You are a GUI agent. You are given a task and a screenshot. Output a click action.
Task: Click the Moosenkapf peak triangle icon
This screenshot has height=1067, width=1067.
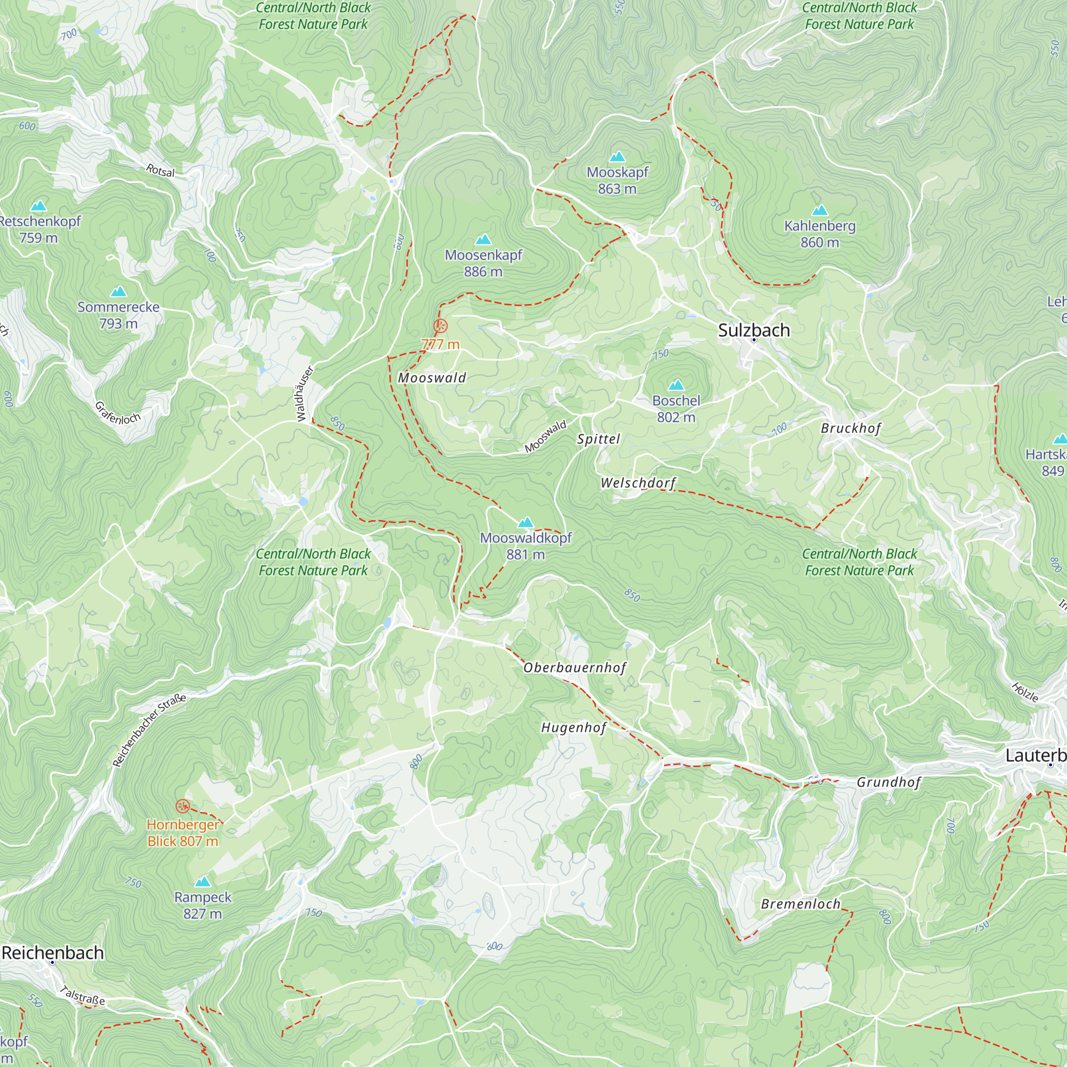[x=483, y=240]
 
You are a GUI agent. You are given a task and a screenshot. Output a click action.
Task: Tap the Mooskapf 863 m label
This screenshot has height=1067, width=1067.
[x=617, y=180]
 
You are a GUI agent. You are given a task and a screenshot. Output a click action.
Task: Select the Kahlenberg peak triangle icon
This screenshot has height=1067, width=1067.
[x=820, y=210]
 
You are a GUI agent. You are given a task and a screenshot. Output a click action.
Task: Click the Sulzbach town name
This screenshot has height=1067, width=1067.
[x=753, y=330]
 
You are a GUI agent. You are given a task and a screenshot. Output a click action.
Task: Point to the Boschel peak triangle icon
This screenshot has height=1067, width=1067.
[x=676, y=385]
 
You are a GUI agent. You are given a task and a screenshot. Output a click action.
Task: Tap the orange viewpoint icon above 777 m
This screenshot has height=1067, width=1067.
[x=440, y=325]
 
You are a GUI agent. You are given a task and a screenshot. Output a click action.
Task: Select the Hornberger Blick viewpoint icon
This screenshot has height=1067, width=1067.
[x=183, y=806]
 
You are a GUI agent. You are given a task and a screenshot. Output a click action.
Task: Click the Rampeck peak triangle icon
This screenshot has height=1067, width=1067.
[x=203, y=881]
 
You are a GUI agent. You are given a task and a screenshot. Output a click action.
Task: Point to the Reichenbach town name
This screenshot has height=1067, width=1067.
[x=53, y=953]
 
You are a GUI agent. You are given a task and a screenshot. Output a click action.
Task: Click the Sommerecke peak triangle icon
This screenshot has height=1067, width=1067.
[x=118, y=292]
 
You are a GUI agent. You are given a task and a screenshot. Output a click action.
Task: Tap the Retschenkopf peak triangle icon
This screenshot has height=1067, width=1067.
[x=38, y=206]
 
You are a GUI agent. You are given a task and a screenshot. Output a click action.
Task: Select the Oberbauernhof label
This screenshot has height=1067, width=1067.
[x=575, y=668]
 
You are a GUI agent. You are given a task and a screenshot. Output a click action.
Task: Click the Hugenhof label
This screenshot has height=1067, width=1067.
[x=574, y=728]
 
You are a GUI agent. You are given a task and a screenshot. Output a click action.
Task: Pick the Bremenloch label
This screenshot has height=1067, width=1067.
[x=800, y=904]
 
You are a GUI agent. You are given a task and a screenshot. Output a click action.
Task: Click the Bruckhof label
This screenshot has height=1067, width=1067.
[x=850, y=428]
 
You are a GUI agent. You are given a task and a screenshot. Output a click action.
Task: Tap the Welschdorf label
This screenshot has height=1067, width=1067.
[x=638, y=483]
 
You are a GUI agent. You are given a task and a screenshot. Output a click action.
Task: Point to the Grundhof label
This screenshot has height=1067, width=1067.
[x=889, y=782]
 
